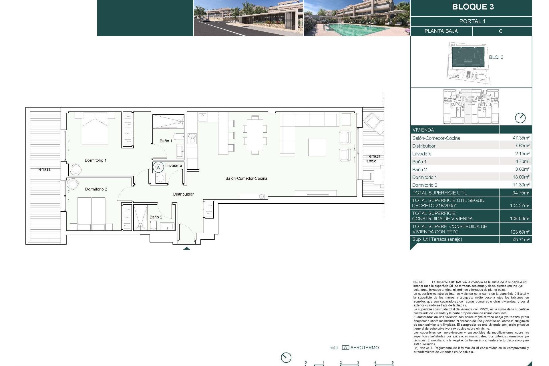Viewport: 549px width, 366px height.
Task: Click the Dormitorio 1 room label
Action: point(96,160)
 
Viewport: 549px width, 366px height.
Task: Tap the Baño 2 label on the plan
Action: point(156,217)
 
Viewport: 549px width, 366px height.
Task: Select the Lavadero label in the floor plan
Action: point(174,166)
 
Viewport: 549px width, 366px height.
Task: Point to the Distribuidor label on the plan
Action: point(183,194)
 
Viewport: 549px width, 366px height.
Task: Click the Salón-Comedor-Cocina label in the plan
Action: point(246,178)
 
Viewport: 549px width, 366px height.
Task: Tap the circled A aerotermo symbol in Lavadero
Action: point(158,167)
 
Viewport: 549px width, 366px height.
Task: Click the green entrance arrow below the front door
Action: point(186,248)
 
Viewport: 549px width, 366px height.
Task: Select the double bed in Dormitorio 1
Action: point(95,128)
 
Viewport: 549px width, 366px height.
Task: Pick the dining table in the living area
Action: point(255,135)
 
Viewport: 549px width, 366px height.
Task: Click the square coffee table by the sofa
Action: point(317,147)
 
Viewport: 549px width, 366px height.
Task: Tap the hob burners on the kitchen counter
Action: point(192,139)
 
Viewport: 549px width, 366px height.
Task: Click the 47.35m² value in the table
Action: point(521,138)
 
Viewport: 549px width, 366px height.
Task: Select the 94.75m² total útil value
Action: point(521,193)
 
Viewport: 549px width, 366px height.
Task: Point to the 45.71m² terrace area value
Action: point(521,240)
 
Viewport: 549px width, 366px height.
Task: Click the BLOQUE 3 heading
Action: point(473,7)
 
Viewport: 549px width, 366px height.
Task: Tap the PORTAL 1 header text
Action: point(472,21)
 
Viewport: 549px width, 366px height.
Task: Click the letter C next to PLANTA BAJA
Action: point(500,31)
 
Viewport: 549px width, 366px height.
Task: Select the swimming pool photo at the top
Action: point(357,18)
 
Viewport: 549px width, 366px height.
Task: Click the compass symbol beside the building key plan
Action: point(520,118)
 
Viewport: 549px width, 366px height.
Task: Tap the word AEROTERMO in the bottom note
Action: point(364,348)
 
